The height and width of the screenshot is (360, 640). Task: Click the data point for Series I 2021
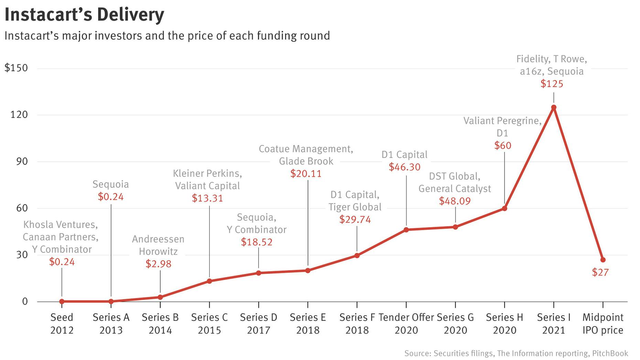pyautogui.click(x=553, y=107)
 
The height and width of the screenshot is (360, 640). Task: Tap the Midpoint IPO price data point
pyautogui.click(x=602, y=260)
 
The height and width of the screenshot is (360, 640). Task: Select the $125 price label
pyautogui.click(x=552, y=84)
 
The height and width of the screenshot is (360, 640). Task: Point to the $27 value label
pyautogui.click(x=600, y=272)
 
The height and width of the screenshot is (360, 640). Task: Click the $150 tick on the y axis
pyautogui.click(x=16, y=68)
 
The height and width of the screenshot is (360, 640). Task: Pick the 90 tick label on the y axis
pyautogui.click(x=21, y=161)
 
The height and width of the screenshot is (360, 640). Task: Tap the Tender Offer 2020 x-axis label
pyautogui.click(x=406, y=324)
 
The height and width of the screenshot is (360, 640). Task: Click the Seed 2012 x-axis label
pyautogui.click(x=62, y=324)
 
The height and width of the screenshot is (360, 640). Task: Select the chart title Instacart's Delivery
pyautogui.click(x=84, y=15)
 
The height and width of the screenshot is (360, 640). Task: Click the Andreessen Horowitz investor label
pyautogui.click(x=158, y=245)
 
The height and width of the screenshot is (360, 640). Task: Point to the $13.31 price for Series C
pyautogui.click(x=207, y=198)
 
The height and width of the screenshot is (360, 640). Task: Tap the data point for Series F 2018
pyautogui.click(x=357, y=255)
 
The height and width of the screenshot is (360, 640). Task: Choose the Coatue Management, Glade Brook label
pyautogui.click(x=306, y=155)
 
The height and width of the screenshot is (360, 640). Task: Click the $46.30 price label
pyautogui.click(x=404, y=167)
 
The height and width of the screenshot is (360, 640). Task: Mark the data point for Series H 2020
pyautogui.click(x=504, y=208)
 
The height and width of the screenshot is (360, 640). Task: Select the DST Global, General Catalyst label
pyautogui.click(x=455, y=182)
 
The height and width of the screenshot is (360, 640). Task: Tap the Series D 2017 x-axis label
pyautogui.click(x=258, y=324)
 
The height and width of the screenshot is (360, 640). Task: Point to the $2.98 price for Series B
pyautogui.click(x=158, y=264)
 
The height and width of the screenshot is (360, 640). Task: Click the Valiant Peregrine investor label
pyautogui.click(x=502, y=121)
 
